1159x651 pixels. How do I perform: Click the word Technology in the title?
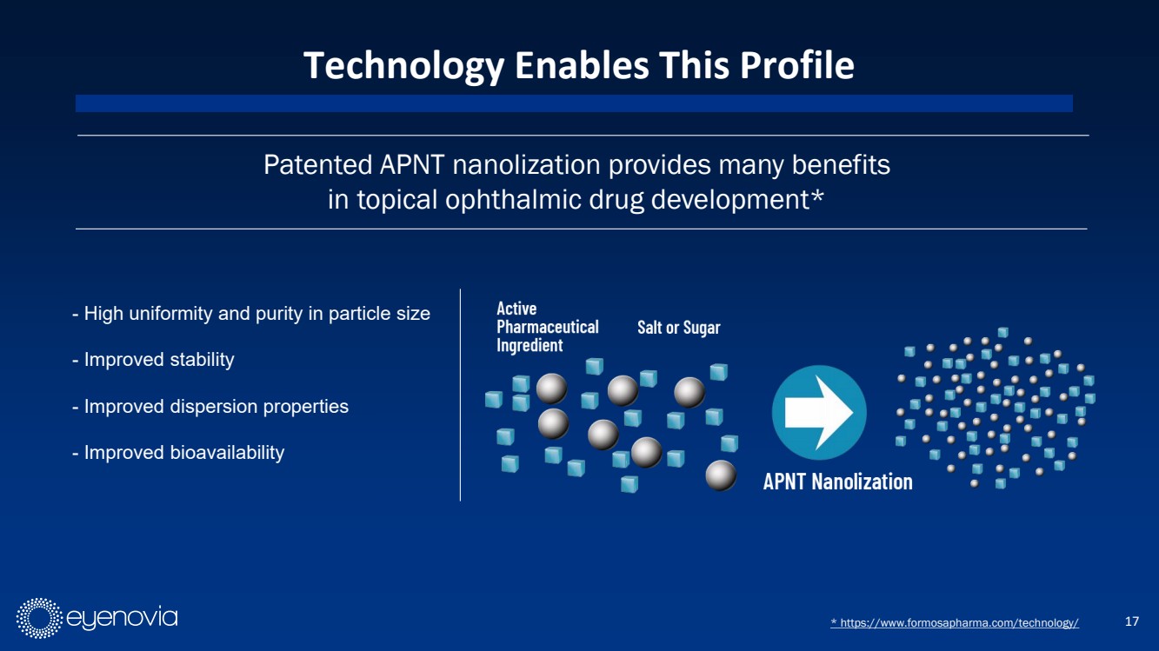[403, 66]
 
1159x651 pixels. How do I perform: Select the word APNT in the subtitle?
[412, 165]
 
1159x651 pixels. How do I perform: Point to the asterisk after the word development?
[816, 197]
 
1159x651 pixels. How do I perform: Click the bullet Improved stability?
[153, 359]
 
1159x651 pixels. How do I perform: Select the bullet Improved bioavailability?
[178, 453]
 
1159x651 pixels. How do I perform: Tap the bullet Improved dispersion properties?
[210, 407]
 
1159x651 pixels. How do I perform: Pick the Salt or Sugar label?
[679, 328]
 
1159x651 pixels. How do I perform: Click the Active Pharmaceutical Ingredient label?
[548, 327]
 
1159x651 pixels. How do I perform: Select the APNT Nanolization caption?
[837, 482]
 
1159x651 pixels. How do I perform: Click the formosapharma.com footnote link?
[955, 622]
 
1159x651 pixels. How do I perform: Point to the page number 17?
[1132, 621]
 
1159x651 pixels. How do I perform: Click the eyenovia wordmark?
[122, 618]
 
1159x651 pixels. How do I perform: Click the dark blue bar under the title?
[575, 103]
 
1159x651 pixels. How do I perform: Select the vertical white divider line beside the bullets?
[460, 395]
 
